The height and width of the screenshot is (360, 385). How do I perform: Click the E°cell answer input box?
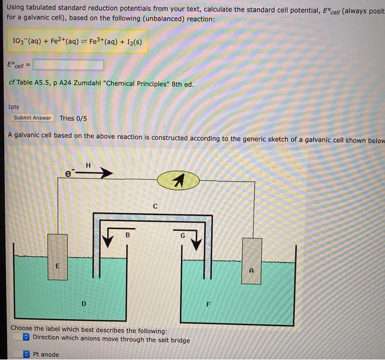coord(68,65)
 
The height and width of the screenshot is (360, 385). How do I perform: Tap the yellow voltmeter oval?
coord(178,181)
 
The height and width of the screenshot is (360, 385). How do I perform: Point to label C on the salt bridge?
coord(156,207)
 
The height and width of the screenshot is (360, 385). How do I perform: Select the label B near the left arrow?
coord(128,235)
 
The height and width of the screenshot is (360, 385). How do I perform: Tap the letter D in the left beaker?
coord(84,303)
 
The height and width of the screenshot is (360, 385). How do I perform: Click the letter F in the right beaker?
coord(208,304)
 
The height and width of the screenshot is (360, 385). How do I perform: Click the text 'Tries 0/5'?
coord(74,118)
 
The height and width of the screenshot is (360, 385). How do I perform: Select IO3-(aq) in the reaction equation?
coord(28,41)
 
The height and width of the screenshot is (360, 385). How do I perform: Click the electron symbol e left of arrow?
coord(69,173)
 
